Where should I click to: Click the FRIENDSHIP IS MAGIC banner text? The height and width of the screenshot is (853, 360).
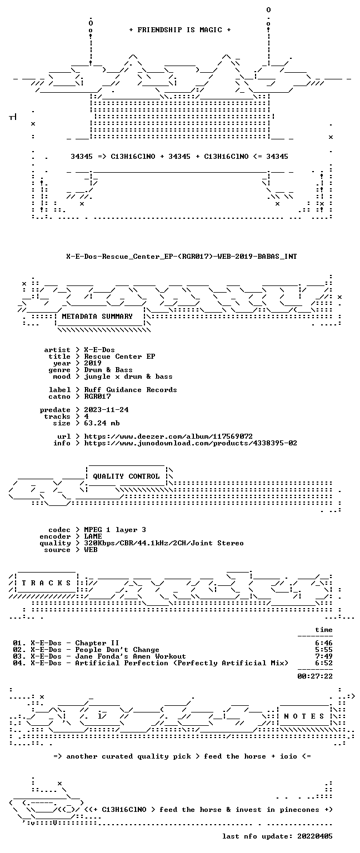(180, 30)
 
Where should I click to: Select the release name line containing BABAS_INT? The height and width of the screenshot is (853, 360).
(181, 257)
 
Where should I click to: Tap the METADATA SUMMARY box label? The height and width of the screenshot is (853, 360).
(97, 317)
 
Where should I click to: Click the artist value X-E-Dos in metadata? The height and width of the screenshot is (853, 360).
(99, 350)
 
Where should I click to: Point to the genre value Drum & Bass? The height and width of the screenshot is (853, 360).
(108, 370)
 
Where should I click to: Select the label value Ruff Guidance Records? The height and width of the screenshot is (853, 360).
(131, 390)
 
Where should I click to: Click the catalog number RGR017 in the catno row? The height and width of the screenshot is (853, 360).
(98, 397)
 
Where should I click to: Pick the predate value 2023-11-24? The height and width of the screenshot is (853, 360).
(106, 410)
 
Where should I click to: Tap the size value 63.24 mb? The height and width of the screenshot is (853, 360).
(102, 423)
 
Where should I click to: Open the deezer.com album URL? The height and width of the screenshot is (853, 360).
(168, 436)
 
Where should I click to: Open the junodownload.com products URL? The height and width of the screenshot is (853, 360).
(191, 443)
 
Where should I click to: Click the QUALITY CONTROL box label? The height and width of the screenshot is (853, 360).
(126, 476)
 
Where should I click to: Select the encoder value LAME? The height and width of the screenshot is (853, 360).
(93, 536)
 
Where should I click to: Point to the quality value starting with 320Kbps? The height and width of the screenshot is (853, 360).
(164, 543)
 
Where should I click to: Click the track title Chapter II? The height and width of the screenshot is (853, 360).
(97, 643)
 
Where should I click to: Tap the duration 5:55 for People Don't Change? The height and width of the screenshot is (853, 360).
(324, 650)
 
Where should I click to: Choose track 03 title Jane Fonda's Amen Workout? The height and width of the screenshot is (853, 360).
(131, 656)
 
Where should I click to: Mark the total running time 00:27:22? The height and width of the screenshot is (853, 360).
(315, 677)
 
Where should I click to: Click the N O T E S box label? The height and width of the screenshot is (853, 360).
(304, 716)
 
